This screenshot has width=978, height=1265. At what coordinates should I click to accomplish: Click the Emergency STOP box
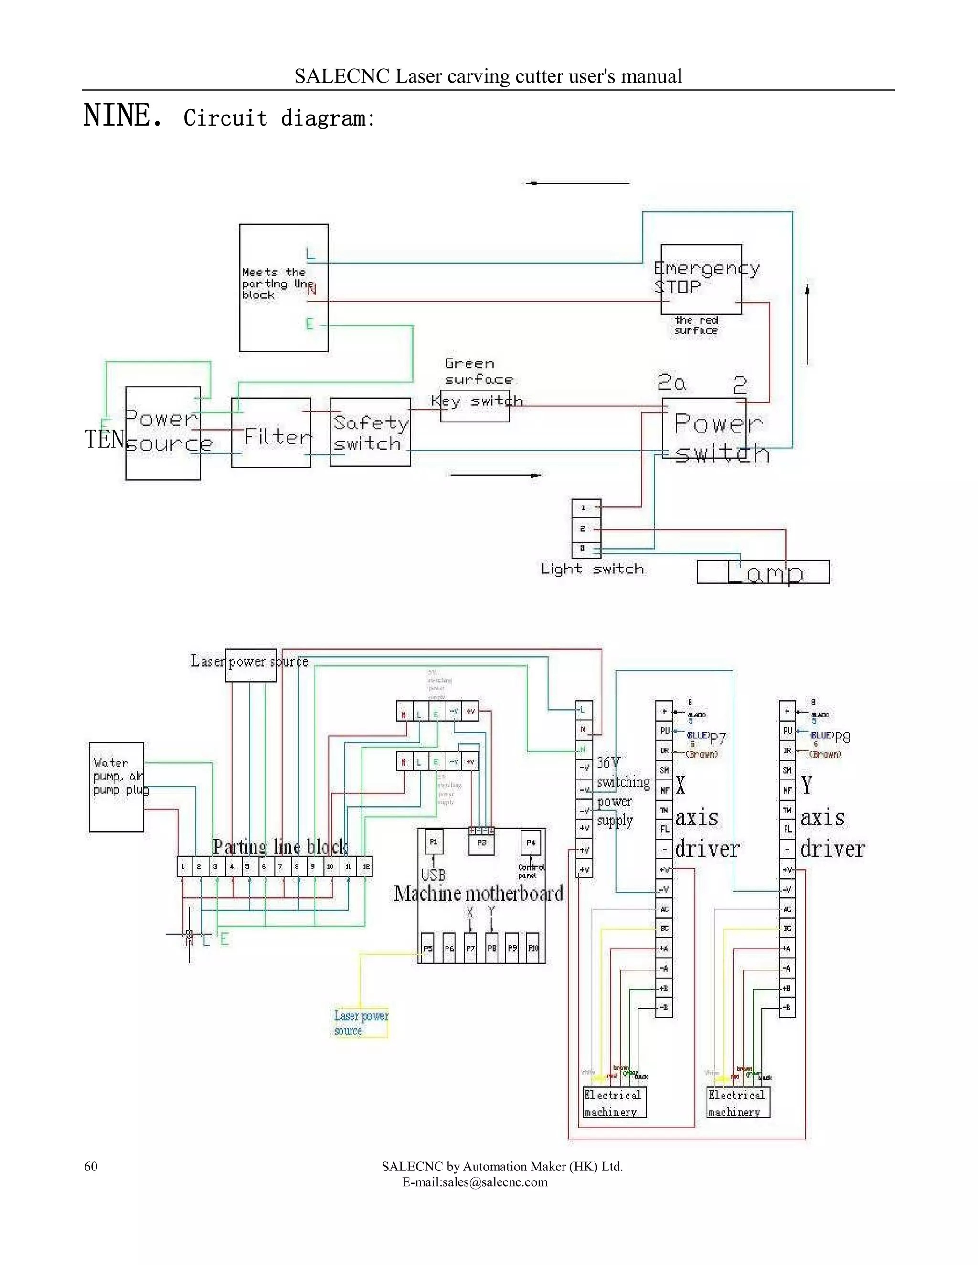[701, 279]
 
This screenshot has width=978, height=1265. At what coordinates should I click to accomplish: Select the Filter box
[271, 432]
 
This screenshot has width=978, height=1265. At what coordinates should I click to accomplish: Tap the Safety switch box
[370, 432]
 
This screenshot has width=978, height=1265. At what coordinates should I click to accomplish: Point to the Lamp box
[763, 572]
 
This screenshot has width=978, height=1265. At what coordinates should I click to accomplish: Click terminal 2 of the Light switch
[586, 528]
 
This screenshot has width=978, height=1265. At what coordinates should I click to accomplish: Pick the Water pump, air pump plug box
[117, 787]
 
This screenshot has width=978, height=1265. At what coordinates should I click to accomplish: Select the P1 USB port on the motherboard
[434, 842]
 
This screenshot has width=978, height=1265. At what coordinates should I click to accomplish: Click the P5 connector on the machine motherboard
[427, 948]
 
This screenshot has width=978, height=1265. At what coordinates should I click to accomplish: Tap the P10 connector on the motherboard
[533, 948]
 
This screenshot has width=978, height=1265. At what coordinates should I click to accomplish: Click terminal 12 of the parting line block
[366, 866]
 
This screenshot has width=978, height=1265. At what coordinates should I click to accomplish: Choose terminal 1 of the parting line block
[183, 866]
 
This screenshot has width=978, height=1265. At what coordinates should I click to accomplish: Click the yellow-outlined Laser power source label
[361, 1023]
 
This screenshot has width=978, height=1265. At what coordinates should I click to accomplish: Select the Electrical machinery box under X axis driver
[614, 1102]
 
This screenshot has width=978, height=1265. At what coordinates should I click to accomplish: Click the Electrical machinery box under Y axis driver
[737, 1102]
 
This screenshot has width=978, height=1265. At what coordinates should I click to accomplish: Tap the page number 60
[91, 1166]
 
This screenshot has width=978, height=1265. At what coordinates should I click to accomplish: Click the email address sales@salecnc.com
[475, 1182]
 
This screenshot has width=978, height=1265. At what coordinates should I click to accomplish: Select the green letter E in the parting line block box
[309, 324]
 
